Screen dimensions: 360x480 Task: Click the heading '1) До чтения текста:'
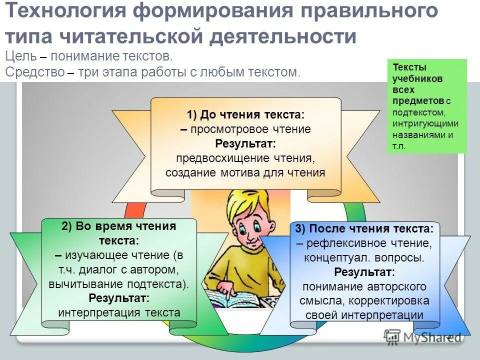point(245,114)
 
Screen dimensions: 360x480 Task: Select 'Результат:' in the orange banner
point(245,144)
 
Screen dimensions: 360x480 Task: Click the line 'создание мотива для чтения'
point(245,173)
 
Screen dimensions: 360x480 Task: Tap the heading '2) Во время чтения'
point(119,226)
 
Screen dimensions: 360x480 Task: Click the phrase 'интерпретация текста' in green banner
point(119,313)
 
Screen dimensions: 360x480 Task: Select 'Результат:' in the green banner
point(119,298)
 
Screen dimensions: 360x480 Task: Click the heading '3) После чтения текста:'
point(364,229)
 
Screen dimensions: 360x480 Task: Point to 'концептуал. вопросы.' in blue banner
point(364,258)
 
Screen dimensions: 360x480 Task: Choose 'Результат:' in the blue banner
point(364,272)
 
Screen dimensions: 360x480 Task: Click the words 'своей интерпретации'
point(364,315)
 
